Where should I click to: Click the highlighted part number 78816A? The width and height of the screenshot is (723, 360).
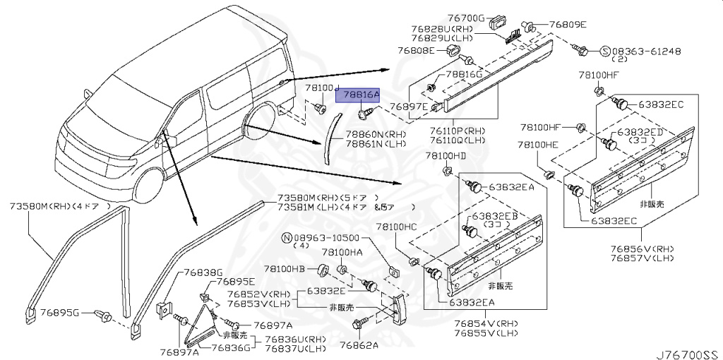[x=361, y=94]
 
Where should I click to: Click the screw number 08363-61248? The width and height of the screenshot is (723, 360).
[x=646, y=51]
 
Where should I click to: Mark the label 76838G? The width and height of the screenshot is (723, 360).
[x=203, y=272]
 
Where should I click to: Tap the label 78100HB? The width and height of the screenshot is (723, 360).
[x=285, y=269]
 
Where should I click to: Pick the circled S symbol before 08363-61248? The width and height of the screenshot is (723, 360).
[x=604, y=51]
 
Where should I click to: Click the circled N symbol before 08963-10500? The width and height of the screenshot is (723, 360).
[x=287, y=238]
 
